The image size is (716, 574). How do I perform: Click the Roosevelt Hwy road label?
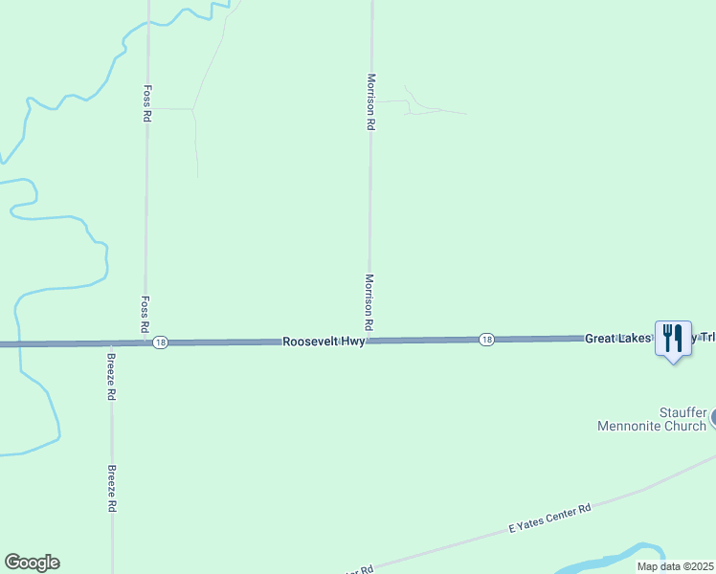click(x=324, y=341)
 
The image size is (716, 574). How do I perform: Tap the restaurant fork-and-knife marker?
click(x=672, y=338)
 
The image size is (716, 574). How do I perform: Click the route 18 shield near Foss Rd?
click(x=160, y=342)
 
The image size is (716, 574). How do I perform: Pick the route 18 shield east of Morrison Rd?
click(x=486, y=340)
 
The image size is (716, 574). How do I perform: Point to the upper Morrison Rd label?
click(x=370, y=101)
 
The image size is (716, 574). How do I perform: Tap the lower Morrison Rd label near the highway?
click(x=369, y=302)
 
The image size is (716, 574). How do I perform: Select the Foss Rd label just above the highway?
click(x=145, y=313)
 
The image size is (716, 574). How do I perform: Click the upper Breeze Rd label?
click(x=112, y=377)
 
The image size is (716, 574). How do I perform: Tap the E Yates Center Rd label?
click(x=550, y=518)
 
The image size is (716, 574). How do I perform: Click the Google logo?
click(x=32, y=563)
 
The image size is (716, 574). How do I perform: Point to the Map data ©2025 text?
click(x=675, y=566)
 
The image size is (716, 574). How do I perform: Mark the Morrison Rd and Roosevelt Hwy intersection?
click(x=369, y=341)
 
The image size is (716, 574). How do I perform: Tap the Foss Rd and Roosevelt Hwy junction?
click(x=145, y=342)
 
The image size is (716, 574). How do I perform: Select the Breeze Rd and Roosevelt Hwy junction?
click(x=112, y=343)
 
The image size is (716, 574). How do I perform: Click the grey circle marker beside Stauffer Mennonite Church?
click(x=713, y=419)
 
